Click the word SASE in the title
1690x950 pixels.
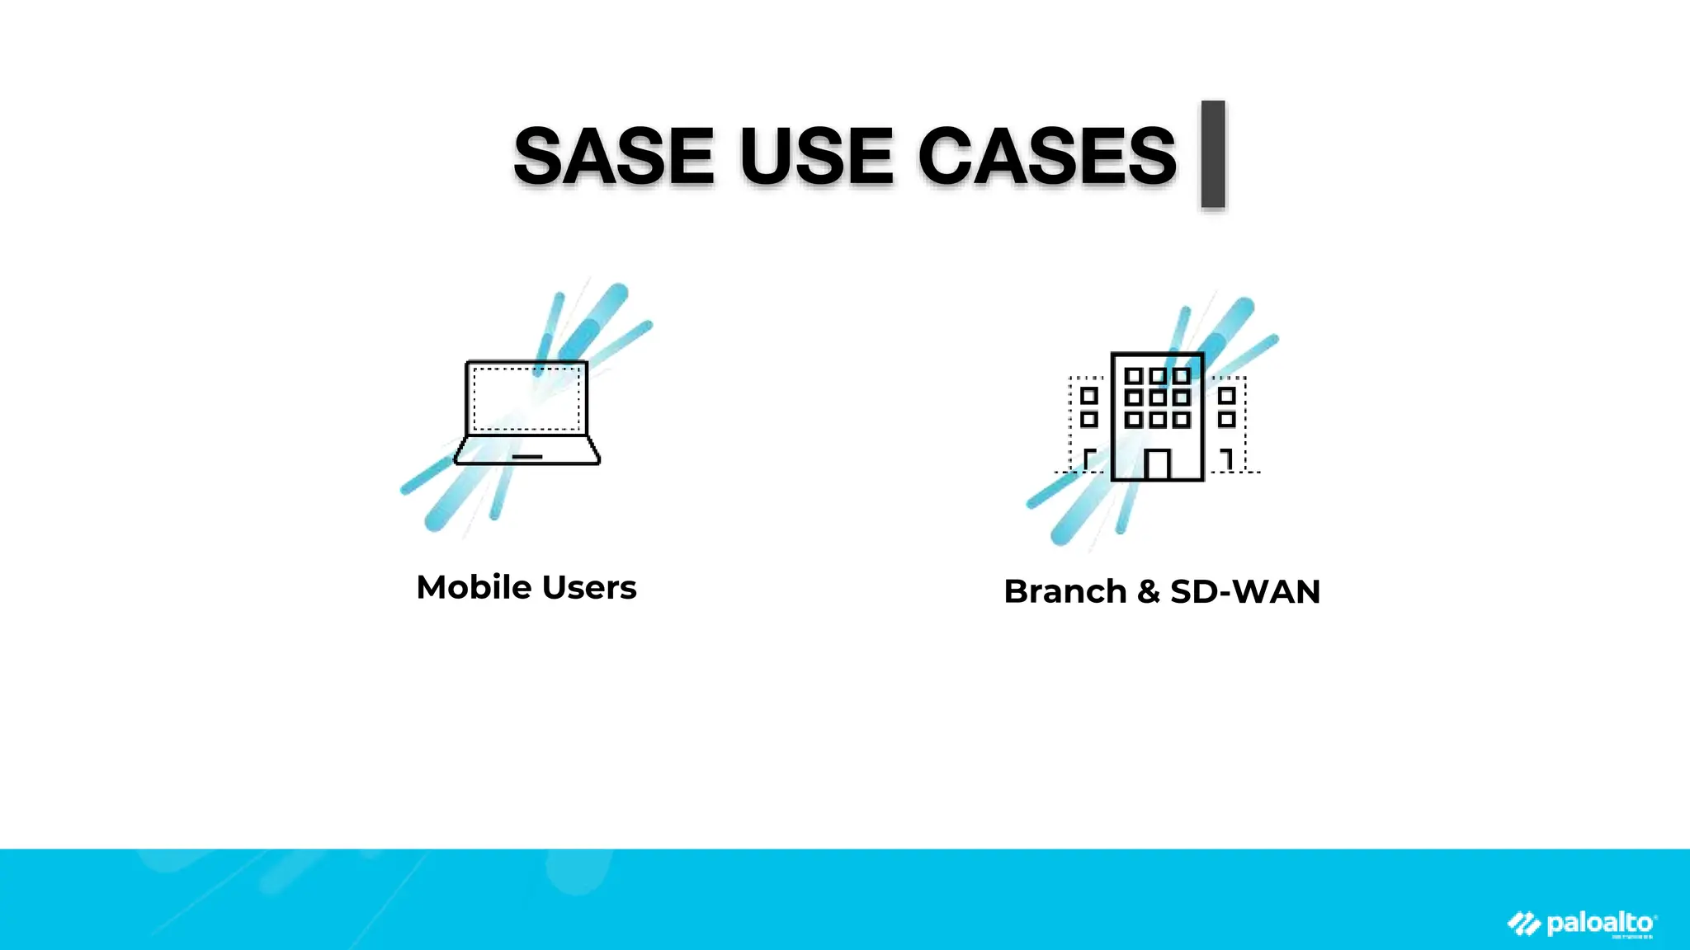point(613,156)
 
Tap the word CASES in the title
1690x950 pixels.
point(1046,156)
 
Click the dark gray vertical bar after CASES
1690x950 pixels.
point(1212,154)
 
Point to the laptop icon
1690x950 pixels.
point(527,413)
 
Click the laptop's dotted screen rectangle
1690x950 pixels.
point(526,398)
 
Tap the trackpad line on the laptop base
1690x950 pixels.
point(527,456)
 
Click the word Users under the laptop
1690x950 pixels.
point(589,588)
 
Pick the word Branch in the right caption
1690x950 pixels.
point(1065,592)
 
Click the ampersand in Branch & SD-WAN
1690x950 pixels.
point(1148,592)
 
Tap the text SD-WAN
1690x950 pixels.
point(1245,592)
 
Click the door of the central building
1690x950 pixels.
point(1157,464)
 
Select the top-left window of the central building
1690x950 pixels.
point(1134,376)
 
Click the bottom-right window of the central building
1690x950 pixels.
point(1182,420)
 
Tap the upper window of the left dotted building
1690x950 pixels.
point(1089,396)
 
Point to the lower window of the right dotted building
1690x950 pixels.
point(1226,420)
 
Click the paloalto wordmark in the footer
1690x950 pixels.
point(1601,923)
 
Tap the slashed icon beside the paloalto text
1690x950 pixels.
point(1524,924)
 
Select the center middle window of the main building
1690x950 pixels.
point(1158,397)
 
